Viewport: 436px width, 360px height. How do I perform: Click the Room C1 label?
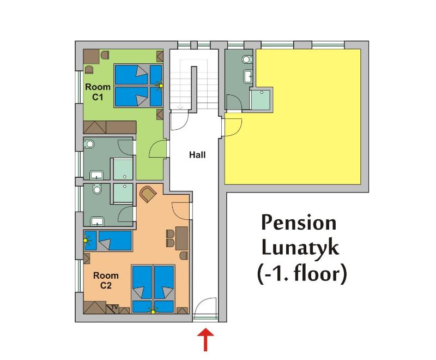pyautogui.click(x=98, y=92)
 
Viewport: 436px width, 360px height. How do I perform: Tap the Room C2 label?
pyautogui.click(x=106, y=280)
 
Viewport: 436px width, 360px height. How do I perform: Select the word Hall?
pyautogui.click(x=197, y=155)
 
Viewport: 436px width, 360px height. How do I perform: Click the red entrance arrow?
pyautogui.click(x=205, y=339)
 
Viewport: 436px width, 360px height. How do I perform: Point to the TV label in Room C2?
pyautogui.click(x=114, y=307)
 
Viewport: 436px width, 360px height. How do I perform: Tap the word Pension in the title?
pyautogui.click(x=299, y=223)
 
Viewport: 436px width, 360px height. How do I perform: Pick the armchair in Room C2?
pyautogui.click(x=148, y=194)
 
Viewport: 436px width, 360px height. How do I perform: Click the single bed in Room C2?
pyautogui.click(x=108, y=241)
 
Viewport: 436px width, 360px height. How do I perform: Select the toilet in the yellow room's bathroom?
pyautogui.click(x=246, y=59)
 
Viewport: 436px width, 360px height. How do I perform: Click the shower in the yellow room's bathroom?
pyautogui.click(x=261, y=99)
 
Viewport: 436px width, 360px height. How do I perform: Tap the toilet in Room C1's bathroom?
pyautogui.click(x=89, y=144)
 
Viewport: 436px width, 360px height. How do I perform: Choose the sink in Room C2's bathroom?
pyautogui.click(x=98, y=222)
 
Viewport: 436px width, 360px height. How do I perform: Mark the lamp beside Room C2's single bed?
pyautogui.click(x=87, y=239)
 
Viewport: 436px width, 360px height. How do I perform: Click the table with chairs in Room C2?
pyautogui.click(x=178, y=239)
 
